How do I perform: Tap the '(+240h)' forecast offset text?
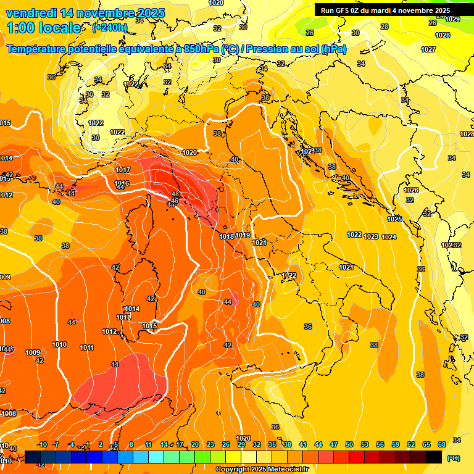click(x=110, y=27)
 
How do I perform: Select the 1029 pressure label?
click(x=452, y=19)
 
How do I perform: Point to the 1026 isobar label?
click(x=411, y=190)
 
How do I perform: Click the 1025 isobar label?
click(x=395, y=219)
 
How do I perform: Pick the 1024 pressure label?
click(x=389, y=237)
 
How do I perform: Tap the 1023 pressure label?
click(x=371, y=236)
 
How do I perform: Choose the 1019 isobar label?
click(x=243, y=235)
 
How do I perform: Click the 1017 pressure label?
click(x=123, y=170)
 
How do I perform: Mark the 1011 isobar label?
click(x=86, y=348)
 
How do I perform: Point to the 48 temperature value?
click(x=175, y=194)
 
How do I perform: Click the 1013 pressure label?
click(x=123, y=317)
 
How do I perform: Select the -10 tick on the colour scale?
click(x=42, y=444)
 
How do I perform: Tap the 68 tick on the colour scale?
click(x=442, y=444)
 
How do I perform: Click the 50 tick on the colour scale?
click(x=349, y=444)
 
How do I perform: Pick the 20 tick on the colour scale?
click(x=195, y=444)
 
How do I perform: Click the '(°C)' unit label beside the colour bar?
click(x=454, y=458)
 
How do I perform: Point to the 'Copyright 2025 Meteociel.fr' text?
click(x=262, y=469)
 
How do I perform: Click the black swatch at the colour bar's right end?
click(x=434, y=457)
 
